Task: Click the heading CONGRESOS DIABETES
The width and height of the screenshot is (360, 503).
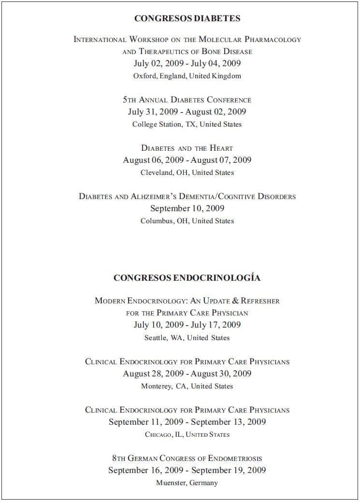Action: [x=187, y=18]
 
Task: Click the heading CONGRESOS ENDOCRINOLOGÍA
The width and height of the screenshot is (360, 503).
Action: [x=187, y=278]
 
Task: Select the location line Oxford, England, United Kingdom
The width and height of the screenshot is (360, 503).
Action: [x=187, y=76]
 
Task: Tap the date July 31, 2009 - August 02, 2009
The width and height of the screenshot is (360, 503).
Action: [x=187, y=112]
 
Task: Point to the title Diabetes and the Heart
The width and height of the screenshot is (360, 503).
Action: [x=187, y=148]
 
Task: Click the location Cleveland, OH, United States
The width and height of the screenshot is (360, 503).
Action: [x=187, y=172]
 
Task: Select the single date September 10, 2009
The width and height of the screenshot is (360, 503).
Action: [x=187, y=208]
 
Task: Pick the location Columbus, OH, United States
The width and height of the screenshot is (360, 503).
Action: [x=187, y=221]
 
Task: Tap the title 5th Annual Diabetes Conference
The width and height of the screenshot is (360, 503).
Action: [x=187, y=100]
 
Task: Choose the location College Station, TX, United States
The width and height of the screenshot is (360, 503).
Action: [x=187, y=124]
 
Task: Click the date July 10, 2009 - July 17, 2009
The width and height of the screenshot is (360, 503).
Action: [x=187, y=325]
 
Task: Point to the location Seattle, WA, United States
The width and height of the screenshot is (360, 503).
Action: [x=187, y=338]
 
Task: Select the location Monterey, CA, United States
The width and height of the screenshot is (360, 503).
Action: [x=187, y=386]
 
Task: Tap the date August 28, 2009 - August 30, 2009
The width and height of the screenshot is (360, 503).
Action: [x=187, y=374]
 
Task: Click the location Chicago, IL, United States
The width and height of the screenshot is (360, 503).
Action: [x=187, y=434]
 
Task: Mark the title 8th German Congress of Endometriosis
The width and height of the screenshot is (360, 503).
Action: [x=187, y=458]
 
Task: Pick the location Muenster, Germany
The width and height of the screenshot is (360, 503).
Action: [x=187, y=483]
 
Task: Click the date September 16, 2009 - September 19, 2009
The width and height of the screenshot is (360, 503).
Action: [x=187, y=470]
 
